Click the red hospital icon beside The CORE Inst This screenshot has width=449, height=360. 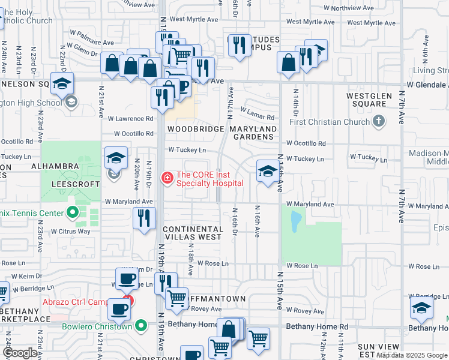pos(166,178)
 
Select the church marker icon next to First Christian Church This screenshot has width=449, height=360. pos(378,122)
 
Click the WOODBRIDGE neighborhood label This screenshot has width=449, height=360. pos(191,129)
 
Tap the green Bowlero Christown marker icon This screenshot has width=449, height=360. pos(141,326)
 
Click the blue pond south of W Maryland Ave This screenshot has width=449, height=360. pos(295,222)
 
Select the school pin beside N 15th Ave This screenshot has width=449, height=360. pos(267,172)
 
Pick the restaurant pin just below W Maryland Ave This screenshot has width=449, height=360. pos(143,218)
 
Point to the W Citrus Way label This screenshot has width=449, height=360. pos(71,231)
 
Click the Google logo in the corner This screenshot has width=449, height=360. pos(20,353)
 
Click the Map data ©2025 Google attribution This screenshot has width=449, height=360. pos(412,355)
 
